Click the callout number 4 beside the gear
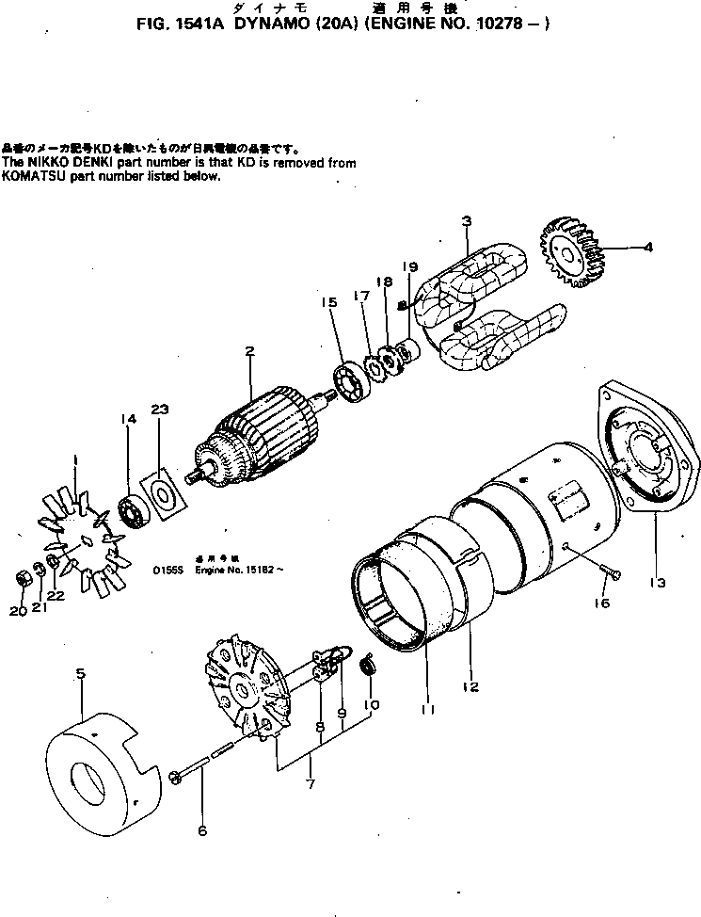[x=647, y=249]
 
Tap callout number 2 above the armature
[x=249, y=353]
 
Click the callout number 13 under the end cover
[x=658, y=583]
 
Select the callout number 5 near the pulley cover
[x=81, y=674]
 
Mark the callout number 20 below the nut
[x=18, y=610]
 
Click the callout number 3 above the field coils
[x=466, y=222]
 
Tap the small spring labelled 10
[x=369, y=668]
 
